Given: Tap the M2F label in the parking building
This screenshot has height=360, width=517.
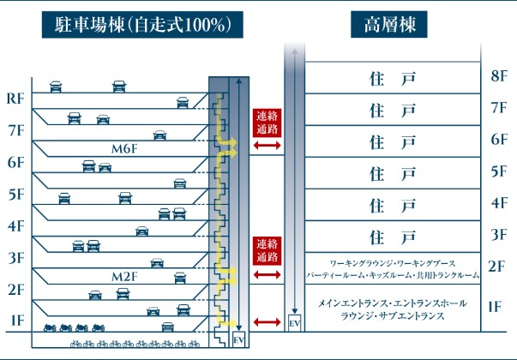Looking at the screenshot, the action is pos(124,278).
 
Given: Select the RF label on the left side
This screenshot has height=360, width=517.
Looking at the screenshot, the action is pos(15,99).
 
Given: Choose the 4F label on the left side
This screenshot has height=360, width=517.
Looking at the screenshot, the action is pos(15,226).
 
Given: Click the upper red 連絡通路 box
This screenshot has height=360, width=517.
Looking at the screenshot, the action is pos(267,123).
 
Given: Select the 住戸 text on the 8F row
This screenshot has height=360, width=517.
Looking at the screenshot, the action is pos(392,79).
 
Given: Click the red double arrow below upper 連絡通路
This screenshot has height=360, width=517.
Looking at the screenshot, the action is pos(267,147).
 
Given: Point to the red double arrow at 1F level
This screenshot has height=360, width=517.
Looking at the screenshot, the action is pos(267,322).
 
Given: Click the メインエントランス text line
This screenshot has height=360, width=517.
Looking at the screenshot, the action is pos(392,303).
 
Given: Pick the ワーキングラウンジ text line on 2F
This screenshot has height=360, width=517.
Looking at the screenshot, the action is pos(392,261).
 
